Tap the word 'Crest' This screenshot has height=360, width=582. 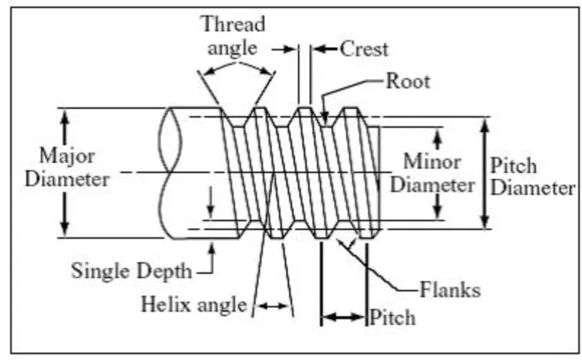coord(364,49)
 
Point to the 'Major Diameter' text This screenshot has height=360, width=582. coord(66,167)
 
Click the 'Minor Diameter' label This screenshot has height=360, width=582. coord(432,172)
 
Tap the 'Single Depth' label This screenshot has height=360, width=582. coord(131,270)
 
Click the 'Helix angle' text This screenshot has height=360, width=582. coord(194,304)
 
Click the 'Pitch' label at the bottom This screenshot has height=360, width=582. coord(393,318)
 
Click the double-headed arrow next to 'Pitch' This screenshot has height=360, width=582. coord(343,318)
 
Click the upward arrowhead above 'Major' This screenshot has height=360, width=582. coord(65,117)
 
